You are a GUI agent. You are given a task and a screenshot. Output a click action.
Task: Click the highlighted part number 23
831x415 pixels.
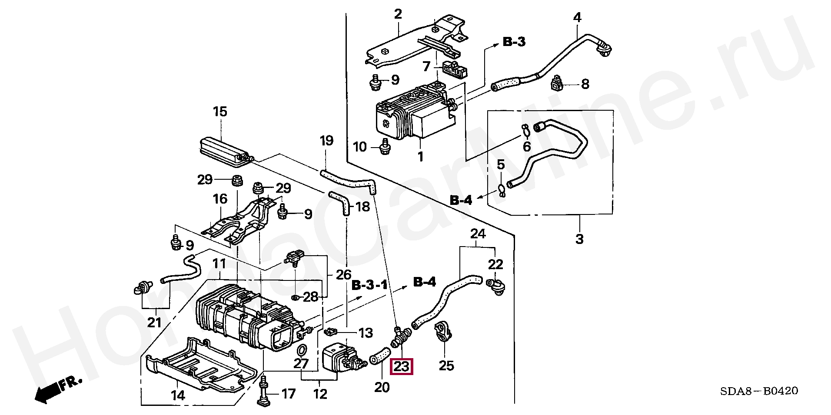coord(401,367)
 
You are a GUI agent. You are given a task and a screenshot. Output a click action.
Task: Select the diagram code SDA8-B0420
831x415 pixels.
coord(759,391)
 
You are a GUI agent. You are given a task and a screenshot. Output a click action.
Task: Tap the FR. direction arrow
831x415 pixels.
coord(57,389)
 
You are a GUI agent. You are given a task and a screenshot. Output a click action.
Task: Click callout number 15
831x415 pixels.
coord(220,112)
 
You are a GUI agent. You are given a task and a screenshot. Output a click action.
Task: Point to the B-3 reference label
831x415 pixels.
coord(514,42)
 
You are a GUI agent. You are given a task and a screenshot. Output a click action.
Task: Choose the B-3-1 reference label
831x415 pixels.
coord(369,285)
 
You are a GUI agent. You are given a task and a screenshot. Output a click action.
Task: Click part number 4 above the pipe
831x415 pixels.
coord(577,18)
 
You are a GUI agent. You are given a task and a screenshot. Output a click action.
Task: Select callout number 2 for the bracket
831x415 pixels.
coord(398,14)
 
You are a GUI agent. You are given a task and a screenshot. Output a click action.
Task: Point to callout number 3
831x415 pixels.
coord(579,239)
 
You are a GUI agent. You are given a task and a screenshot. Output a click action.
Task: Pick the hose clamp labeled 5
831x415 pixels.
coord(501,190)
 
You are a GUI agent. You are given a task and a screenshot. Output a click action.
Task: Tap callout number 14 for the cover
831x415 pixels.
coord(178,395)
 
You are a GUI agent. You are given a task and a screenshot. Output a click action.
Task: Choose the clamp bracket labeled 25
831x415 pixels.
coord(443,333)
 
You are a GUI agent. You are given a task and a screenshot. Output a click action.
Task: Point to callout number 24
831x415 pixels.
coord(478,234)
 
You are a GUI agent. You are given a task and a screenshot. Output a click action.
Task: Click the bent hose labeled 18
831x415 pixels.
coord(341,201)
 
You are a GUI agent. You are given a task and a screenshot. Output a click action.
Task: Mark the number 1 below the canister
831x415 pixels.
coord(420,157)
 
